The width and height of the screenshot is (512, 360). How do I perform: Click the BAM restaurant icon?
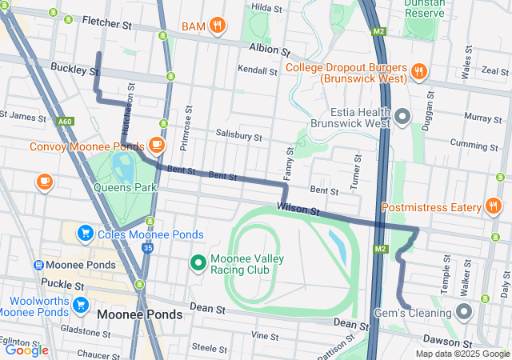coord(217,26)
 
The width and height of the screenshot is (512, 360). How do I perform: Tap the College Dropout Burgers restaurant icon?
coord(418,72)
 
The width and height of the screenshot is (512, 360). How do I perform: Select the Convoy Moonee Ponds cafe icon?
coord(157,146)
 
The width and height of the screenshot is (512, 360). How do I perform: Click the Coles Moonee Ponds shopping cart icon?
coord(85,234)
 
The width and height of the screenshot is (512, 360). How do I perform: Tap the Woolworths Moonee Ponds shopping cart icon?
coord(80,305)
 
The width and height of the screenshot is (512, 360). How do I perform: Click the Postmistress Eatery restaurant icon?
coord(494,207)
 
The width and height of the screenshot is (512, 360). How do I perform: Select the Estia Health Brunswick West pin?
coord(402,118)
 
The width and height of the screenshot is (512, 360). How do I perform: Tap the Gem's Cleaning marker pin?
coord(465,312)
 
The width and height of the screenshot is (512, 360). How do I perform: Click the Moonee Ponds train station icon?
coord(38,265)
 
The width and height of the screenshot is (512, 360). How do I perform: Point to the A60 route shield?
coord(65,122)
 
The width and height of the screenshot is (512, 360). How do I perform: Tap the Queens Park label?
coord(125,187)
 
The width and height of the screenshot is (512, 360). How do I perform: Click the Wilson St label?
coord(298,210)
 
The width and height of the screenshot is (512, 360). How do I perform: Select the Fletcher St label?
coord(106,25)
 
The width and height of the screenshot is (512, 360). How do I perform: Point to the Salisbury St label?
coord(238,137)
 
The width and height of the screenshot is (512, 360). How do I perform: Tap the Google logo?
coord(27,350)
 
